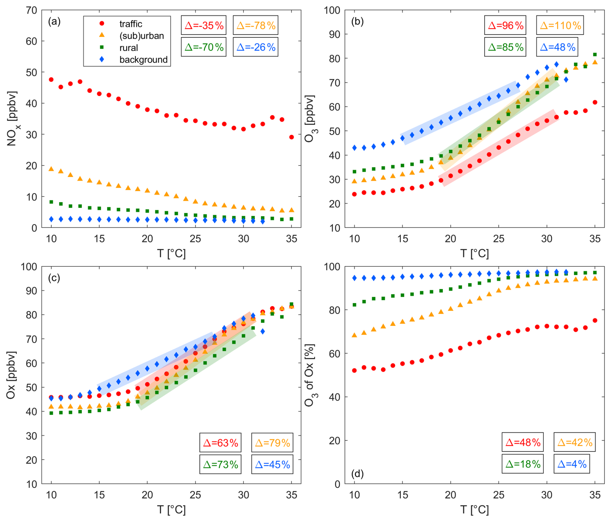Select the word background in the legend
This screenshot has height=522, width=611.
(143, 60)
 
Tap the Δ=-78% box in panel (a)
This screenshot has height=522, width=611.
(255, 25)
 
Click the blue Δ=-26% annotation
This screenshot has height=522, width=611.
(255, 47)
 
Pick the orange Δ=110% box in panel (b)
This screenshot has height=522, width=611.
(560, 25)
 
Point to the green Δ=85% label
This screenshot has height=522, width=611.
(505, 47)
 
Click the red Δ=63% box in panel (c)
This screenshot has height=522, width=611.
(220, 442)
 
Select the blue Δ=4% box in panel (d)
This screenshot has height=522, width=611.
(572, 464)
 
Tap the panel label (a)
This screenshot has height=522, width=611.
(54, 22)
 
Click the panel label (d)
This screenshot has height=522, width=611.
(357, 474)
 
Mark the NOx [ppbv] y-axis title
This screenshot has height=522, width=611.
(12, 119)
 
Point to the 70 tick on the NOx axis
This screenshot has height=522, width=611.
(31, 10)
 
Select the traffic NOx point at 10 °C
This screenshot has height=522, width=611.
(51, 79)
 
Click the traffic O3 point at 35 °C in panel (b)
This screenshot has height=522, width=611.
(595, 102)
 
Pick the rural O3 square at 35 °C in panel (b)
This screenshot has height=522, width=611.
(595, 55)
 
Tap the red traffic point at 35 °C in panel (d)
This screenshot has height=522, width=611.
(595, 320)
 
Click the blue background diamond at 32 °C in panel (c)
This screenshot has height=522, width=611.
(263, 331)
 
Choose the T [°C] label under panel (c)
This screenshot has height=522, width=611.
(171, 509)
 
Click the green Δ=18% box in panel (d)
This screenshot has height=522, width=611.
(523, 464)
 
